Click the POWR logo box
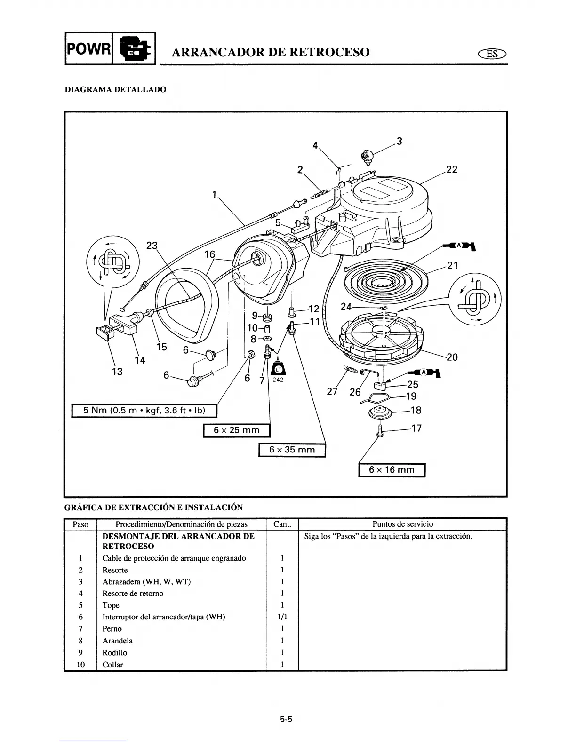88,48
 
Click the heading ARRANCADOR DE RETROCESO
271,52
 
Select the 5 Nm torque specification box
144,411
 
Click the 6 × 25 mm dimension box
236,430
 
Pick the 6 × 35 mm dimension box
292,450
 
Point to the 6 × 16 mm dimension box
392,470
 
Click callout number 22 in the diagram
451,169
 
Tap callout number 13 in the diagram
117,372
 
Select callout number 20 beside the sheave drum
452,357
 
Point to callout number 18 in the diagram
416,410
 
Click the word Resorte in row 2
115,570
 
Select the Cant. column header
282,524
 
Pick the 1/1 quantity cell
282,617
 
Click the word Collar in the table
112,665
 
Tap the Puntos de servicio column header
402,524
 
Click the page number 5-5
286,719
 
